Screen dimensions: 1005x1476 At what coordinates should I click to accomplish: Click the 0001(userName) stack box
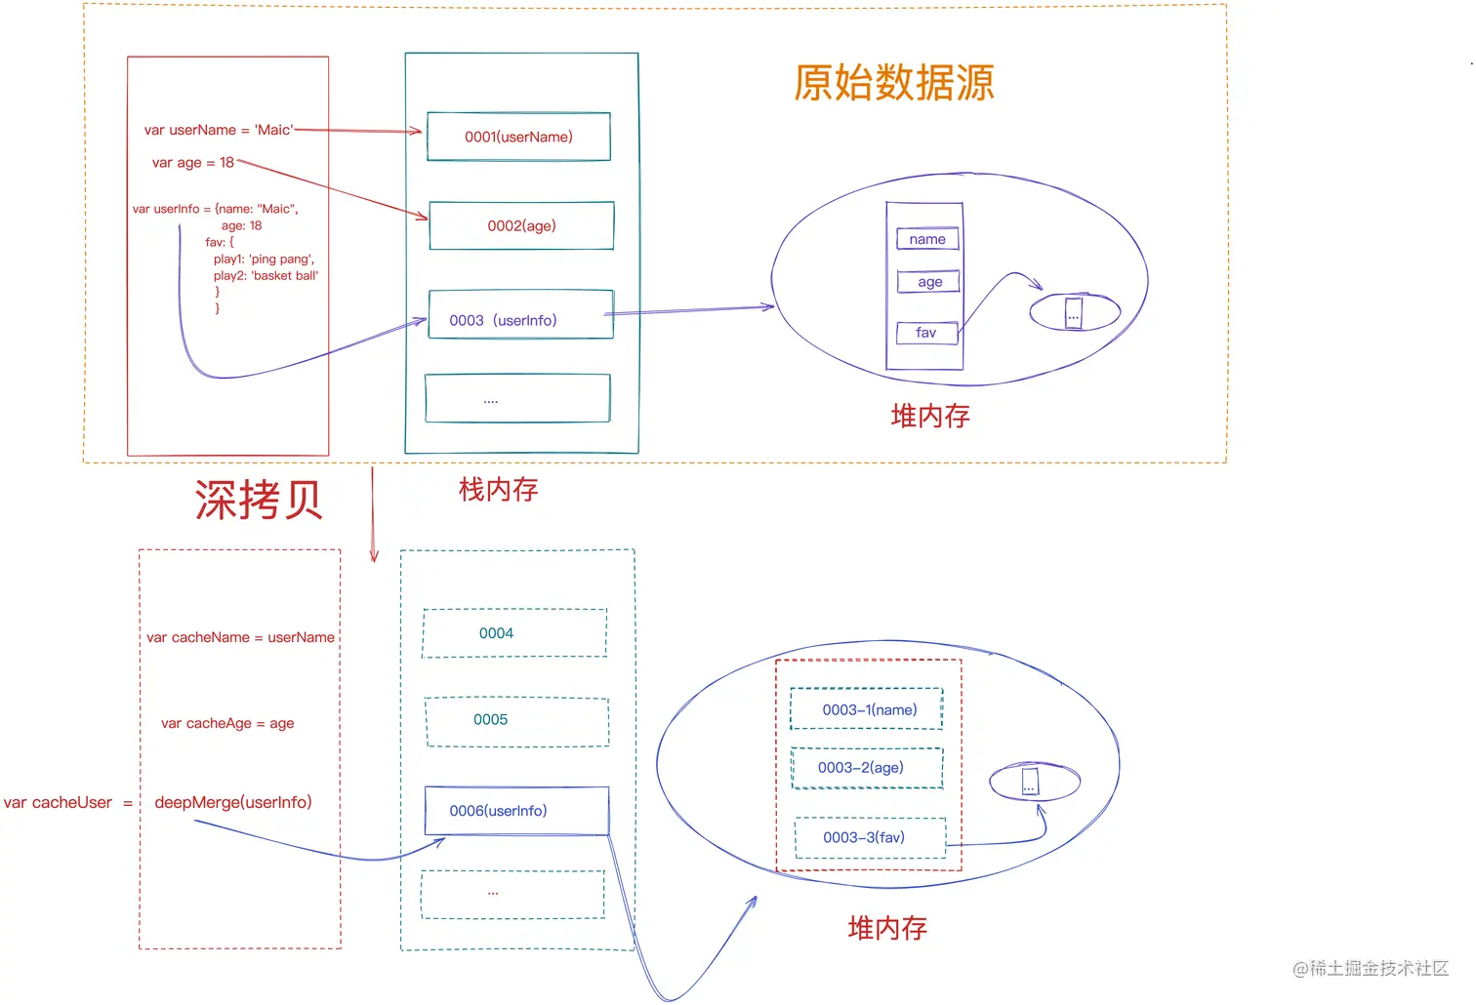point(518,137)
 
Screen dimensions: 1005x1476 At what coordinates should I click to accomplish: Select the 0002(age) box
point(521,225)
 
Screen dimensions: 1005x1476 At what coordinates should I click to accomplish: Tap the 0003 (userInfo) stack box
point(520,315)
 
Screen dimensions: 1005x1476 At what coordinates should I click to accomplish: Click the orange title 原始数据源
point(893,83)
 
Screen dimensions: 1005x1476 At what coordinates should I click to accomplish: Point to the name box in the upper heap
point(927,239)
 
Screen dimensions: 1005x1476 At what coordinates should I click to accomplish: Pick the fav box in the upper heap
point(926,333)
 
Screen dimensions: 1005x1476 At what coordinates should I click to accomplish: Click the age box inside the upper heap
point(929,282)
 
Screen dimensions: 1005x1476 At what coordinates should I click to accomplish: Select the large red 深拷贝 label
point(259,500)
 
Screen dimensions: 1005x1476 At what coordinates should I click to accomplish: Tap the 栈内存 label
point(498,489)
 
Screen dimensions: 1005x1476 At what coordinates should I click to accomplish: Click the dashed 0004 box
point(514,633)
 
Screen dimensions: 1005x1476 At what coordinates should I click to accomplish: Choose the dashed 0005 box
point(516,722)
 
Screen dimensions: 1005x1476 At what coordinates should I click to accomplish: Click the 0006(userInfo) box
point(516,811)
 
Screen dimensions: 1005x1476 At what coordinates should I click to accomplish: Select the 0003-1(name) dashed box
point(867,709)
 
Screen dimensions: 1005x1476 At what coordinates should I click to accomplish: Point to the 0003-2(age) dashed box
point(867,768)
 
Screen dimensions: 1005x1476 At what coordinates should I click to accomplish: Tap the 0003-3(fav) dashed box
point(870,838)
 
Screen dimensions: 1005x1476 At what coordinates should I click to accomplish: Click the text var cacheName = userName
point(240,637)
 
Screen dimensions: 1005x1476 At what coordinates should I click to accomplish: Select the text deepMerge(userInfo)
point(233,802)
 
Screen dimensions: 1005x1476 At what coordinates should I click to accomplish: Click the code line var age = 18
point(193,163)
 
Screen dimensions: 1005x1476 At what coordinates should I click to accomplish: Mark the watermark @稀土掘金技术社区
point(1370,968)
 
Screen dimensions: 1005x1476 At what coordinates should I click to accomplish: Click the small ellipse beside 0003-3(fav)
point(1034,783)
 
